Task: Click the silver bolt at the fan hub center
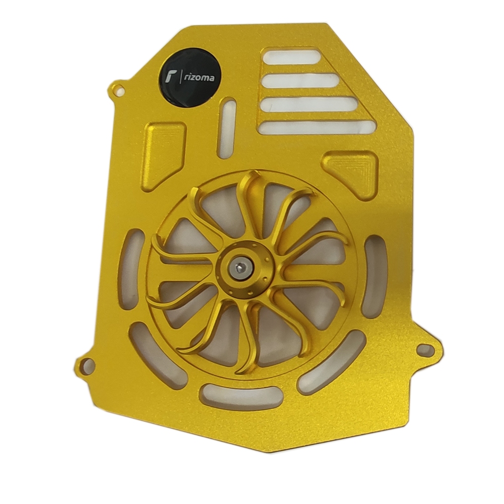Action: tap(239, 267)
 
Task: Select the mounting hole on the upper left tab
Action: tap(120, 88)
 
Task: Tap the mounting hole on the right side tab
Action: tap(425, 349)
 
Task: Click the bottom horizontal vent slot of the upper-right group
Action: tap(318, 128)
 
